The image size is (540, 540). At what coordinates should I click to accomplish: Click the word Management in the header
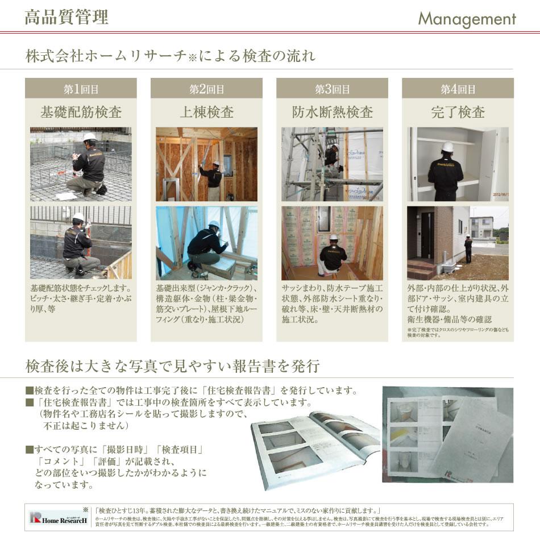point(467,19)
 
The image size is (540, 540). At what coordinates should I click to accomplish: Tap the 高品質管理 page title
point(67,17)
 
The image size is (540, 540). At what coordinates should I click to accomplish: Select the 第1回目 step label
point(81,89)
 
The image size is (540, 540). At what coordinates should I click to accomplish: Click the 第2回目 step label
point(206,89)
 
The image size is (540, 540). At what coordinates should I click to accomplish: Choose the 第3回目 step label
point(332,89)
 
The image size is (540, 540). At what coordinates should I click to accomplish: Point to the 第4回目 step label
point(458,89)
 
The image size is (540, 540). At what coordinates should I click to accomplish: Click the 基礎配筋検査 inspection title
point(81,111)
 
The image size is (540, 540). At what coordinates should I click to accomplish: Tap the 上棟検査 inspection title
point(206,111)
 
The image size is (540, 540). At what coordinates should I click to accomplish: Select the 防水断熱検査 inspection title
point(332,111)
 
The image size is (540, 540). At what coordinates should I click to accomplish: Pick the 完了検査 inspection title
point(458,111)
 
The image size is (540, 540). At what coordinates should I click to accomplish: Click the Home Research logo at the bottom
point(59,518)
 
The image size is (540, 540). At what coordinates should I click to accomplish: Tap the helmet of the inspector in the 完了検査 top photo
point(448,147)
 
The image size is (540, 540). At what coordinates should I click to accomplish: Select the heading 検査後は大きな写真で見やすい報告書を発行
point(172,365)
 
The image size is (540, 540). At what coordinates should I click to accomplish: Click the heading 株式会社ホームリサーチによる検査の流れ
point(170,57)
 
